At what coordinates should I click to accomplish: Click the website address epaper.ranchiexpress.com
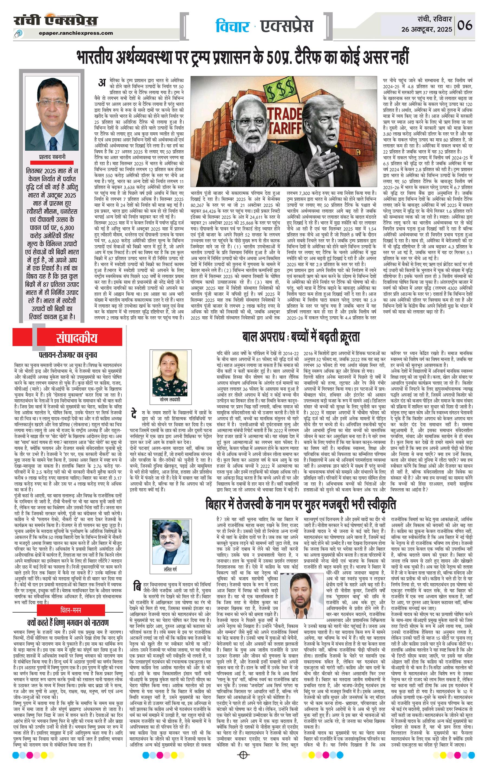(76, 32)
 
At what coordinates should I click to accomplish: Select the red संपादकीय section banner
(76, 338)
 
